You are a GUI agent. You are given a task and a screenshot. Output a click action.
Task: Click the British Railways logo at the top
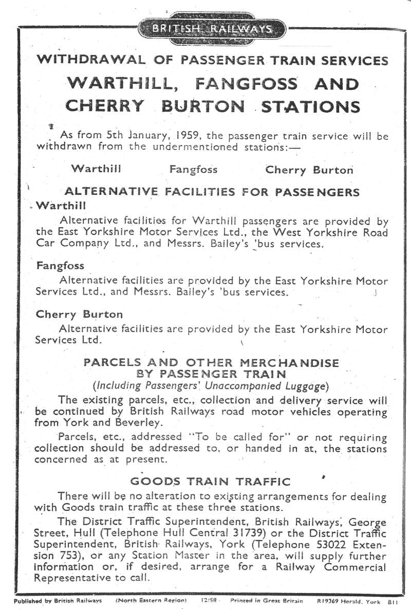point(211,28)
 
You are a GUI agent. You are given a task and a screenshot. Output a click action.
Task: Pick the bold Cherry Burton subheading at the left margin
point(79,314)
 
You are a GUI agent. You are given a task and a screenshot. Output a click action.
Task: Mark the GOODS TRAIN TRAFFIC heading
point(210,482)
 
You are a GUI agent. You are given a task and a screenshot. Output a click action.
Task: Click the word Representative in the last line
point(68,577)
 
